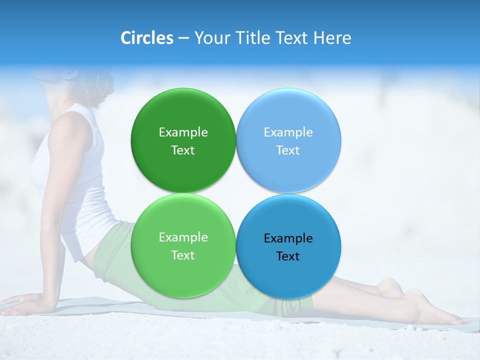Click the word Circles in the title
(x=147, y=38)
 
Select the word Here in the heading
(x=332, y=38)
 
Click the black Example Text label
(x=288, y=247)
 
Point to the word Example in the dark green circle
(x=183, y=132)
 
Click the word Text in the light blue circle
(x=288, y=150)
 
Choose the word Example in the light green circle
(x=183, y=237)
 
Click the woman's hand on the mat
(x=25, y=303)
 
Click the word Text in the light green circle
(x=183, y=255)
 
